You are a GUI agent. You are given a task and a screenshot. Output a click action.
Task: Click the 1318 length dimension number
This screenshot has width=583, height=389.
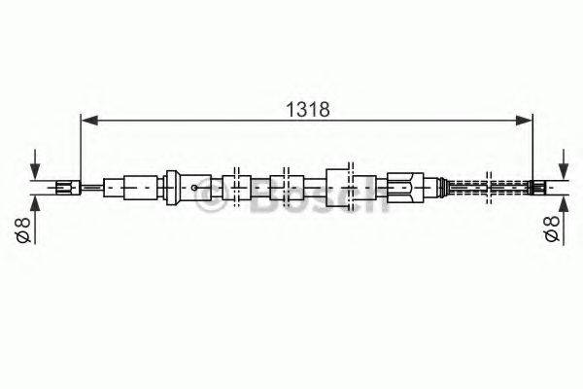307,109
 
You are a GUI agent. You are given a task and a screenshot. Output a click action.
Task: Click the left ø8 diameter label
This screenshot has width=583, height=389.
21,231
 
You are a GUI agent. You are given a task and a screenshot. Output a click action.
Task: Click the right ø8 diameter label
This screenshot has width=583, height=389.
551,231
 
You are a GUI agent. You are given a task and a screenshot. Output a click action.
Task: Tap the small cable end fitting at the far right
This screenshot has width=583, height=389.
537,186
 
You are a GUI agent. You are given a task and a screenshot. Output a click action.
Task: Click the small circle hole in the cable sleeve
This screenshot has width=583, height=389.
196,187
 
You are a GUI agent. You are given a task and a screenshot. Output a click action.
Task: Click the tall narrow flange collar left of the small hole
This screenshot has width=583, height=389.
170,186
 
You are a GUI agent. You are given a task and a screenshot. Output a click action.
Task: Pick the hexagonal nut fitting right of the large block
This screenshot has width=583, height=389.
403,186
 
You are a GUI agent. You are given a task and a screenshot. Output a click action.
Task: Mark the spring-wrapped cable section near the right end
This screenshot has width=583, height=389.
486,186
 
